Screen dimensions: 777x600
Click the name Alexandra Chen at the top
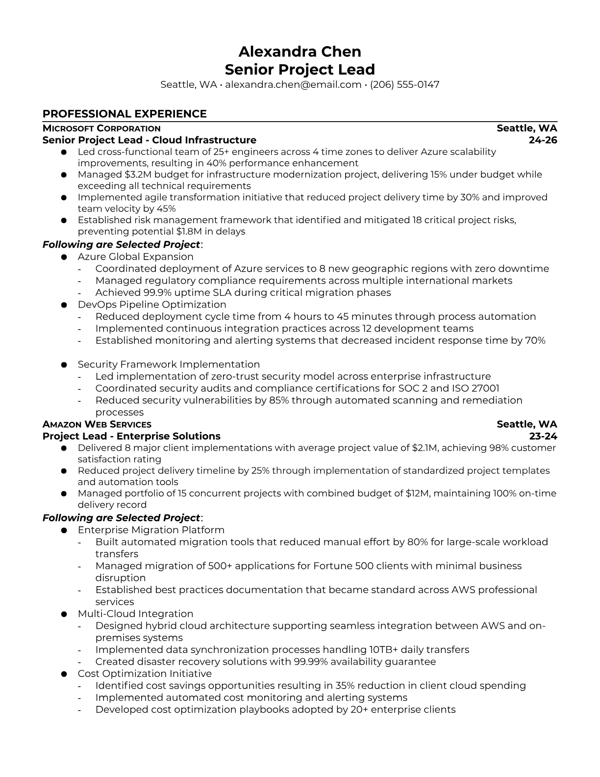point(300,52)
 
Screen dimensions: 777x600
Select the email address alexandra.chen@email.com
point(293,84)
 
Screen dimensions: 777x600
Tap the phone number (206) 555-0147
point(404,84)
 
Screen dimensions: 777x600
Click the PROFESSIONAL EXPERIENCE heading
point(125,114)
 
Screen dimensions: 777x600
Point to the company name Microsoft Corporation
point(101,128)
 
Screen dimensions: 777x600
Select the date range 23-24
point(543,436)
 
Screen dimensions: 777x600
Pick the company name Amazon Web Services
point(97,424)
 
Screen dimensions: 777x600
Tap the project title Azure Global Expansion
point(135,257)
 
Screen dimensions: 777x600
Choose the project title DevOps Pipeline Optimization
point(152,305)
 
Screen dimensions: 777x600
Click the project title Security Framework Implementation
point(169,364)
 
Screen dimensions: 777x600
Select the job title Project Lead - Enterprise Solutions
point(131,436)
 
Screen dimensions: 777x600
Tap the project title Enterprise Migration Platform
point(151,530)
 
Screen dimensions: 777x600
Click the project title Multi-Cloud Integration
point(135,614)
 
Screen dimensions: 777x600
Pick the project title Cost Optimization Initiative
point(145,673)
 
